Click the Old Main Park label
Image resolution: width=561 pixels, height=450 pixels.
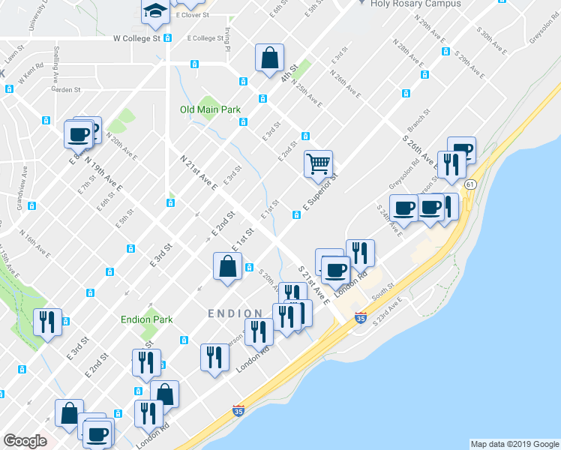click(211, 109)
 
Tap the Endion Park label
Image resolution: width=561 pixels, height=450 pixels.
click(147, 319)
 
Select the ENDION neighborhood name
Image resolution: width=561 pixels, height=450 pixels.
click(235, 313)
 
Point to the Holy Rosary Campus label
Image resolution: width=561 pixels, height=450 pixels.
click(406, 4)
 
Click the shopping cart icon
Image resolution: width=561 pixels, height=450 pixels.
click(319, 163)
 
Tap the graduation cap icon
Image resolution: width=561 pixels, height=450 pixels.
click(155, 11)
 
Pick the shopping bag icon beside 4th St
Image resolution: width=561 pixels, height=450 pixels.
click(269, 58)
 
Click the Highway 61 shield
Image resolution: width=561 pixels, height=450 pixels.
click(470, 184)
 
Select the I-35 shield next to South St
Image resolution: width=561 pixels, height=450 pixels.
click(361, 317)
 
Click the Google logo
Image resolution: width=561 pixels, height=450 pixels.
click(25, 441)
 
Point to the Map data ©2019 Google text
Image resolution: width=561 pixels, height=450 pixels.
click(514, 444)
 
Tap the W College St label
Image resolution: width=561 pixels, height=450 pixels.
click(137, 37)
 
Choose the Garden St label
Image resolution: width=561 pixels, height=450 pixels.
click(66, 90)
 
